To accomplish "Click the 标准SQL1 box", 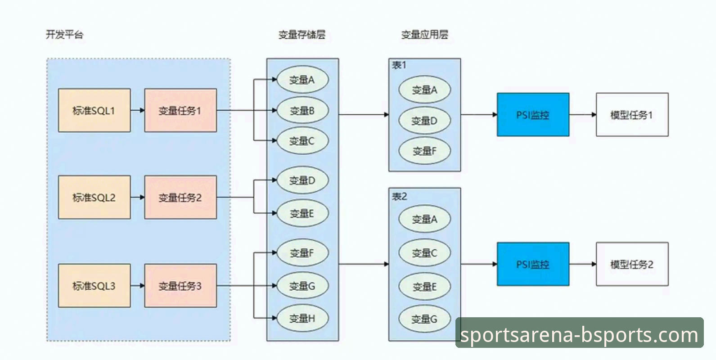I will pos(94,110).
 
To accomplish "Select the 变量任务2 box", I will pos(180,197).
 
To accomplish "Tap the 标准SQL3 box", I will pos(94,286).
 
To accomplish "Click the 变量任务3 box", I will pos(180,286).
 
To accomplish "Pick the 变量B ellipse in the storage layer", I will pos(302,110).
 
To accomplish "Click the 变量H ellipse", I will pos(302,318).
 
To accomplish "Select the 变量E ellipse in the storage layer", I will pos(302,213).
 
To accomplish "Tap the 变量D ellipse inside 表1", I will pos(424,121).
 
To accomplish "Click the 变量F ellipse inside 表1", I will pos(424,151).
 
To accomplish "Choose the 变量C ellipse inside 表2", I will pos(424,253).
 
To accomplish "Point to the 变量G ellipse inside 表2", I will pos(424,319).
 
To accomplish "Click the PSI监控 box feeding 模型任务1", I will pos(533,115).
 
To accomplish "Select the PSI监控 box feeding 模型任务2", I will pos(533,264).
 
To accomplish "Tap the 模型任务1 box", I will pos(632,115).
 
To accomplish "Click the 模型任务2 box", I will pos(632,264).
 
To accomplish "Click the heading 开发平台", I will pos(65,35).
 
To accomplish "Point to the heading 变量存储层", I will pos(302,35).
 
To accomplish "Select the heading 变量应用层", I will pos(424,35).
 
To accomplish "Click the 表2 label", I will pos(399,196).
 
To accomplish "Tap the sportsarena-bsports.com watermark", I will pos(579,334).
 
